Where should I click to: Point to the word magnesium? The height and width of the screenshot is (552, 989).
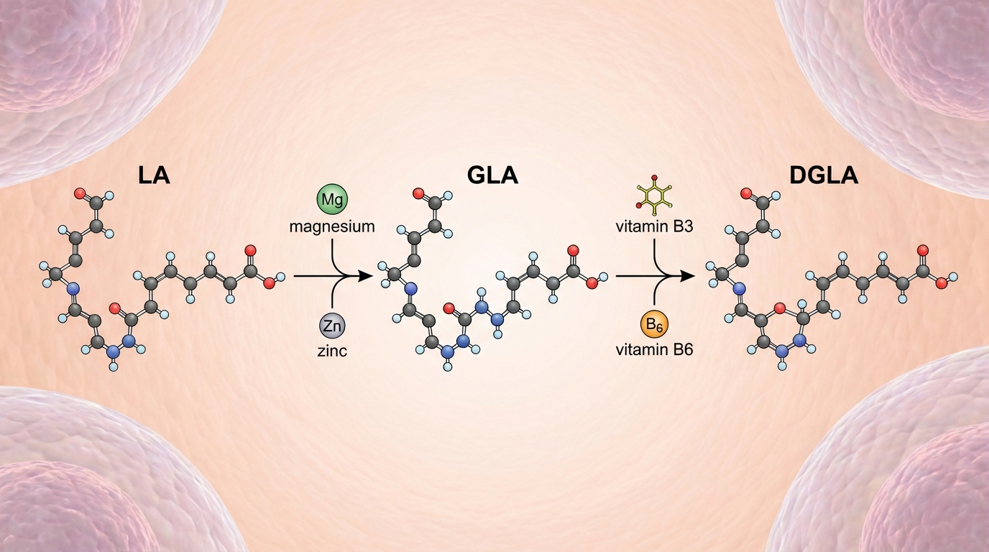[331, 226]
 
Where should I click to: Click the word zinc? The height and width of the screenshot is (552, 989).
[331, 352]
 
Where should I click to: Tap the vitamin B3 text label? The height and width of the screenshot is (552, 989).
[655, 226]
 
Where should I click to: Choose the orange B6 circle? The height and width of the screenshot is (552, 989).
[655, 326]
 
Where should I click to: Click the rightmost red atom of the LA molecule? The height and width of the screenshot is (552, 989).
[270, 283]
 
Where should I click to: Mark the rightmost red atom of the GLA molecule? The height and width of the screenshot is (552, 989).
[592, 283]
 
